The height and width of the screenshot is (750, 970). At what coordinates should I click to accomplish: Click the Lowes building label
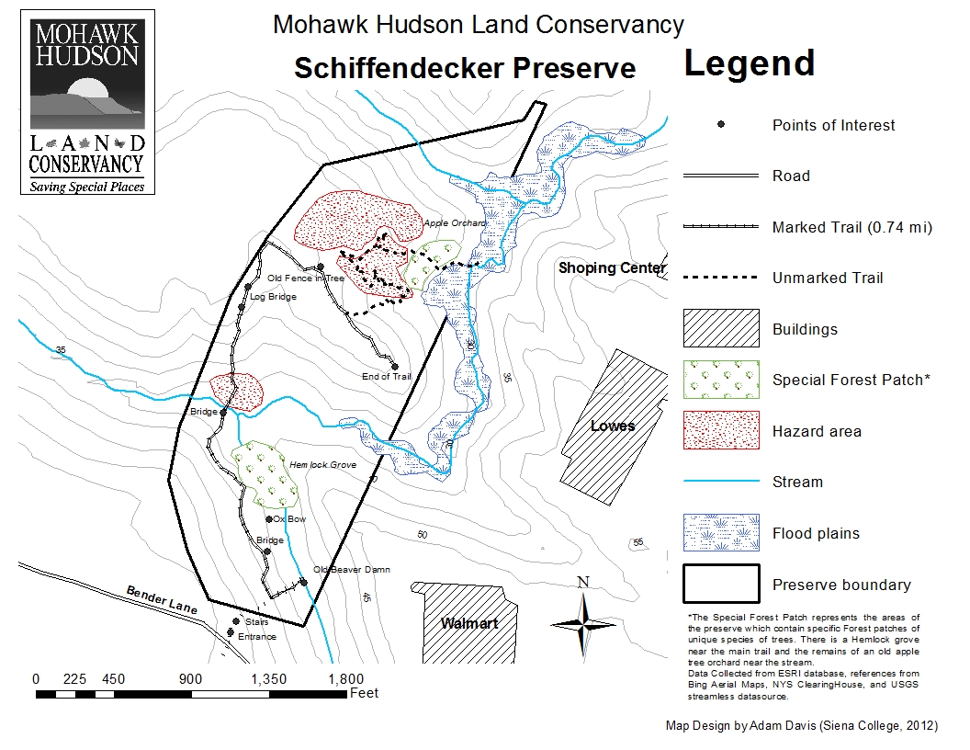(613, 426)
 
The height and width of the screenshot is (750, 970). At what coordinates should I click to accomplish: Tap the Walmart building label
(468, 624)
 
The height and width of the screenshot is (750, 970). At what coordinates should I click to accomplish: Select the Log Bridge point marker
(248, 288)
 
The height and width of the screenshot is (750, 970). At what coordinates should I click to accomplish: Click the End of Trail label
(387, 376)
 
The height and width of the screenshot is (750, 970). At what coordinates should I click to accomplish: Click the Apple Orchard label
(455, 223)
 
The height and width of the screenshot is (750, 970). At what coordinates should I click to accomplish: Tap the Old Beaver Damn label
(352, 570)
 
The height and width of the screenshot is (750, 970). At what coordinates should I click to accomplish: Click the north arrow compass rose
(582, 622)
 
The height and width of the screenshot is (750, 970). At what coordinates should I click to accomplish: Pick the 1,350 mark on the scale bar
(269, 679)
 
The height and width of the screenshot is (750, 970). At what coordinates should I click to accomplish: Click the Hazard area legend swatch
(721, 431)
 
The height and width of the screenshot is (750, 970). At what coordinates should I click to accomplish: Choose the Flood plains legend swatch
(721, 533)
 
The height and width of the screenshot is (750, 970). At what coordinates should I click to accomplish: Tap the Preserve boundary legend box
(721, 585)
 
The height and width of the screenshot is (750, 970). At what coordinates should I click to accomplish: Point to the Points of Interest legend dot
(721, 125)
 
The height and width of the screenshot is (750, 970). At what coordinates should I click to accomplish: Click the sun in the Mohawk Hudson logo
(88, 90)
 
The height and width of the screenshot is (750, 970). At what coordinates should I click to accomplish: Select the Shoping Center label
(612, 268)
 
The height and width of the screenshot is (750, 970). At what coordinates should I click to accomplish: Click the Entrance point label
(257, 637)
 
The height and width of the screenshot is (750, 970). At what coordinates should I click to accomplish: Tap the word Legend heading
(749, 63)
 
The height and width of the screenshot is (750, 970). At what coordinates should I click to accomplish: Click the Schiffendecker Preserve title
(465, 68)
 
